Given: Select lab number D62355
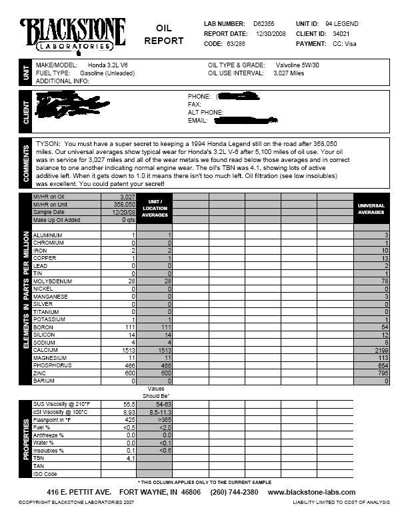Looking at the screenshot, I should coord(265,24).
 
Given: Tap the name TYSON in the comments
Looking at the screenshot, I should coord(48,144).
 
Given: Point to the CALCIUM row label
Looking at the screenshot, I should coord(46,350).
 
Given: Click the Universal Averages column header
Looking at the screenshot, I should coord(371,209).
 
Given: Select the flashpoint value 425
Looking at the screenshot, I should coord(129,420).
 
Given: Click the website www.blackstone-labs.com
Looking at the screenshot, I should coord(311,492).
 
